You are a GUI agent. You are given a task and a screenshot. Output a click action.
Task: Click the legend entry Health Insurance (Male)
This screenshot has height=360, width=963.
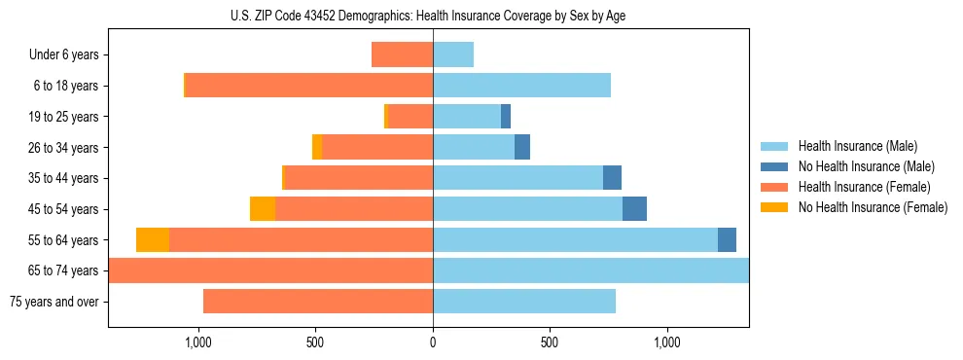pyautogui.click(x=857, y=147)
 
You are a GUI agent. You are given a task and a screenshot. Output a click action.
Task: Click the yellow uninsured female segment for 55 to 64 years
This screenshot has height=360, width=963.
pyautogui.click(x=153, y=239)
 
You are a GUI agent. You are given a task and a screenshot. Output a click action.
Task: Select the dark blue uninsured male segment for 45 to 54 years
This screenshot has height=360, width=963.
pyautogui.click(x=634, y=209)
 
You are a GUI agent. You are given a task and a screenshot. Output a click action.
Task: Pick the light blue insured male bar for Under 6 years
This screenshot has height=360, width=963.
pyautogui.click(x=453, y=55)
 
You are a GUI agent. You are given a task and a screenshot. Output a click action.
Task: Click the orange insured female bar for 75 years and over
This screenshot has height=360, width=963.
pyautogui.click(x=318, y=302)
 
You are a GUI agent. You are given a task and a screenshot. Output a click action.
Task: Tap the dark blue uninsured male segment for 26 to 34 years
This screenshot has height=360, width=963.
pyautogui.click(x=522, y=148)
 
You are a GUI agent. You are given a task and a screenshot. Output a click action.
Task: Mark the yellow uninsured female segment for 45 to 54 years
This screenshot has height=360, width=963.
pyautogui.click(x=263, y=209)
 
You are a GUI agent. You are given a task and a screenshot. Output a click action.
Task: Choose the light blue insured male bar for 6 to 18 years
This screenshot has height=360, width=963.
pyautogui.click(x=521, y=86)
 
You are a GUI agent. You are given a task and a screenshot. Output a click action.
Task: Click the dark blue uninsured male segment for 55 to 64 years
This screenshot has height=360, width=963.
pyautogui.click(x=727, y=239)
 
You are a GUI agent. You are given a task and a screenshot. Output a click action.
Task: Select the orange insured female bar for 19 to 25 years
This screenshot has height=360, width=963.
pyautogui.click(x=410, y=117)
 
